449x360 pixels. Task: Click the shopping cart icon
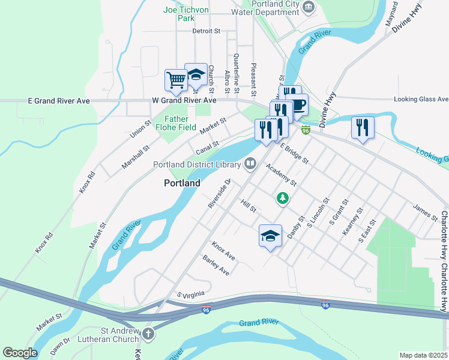176,80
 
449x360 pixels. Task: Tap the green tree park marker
282,197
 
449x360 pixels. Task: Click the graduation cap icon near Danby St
270,235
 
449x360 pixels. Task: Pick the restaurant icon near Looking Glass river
363,127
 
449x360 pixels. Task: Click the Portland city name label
182,183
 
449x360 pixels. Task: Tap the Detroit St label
207,31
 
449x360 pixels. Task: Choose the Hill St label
249,207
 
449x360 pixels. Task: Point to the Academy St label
282,175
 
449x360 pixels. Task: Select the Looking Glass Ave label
421,99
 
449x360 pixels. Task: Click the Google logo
19,353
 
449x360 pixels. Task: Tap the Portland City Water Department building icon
309,7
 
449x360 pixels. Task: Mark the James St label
425,211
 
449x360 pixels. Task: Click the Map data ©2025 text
423,355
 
